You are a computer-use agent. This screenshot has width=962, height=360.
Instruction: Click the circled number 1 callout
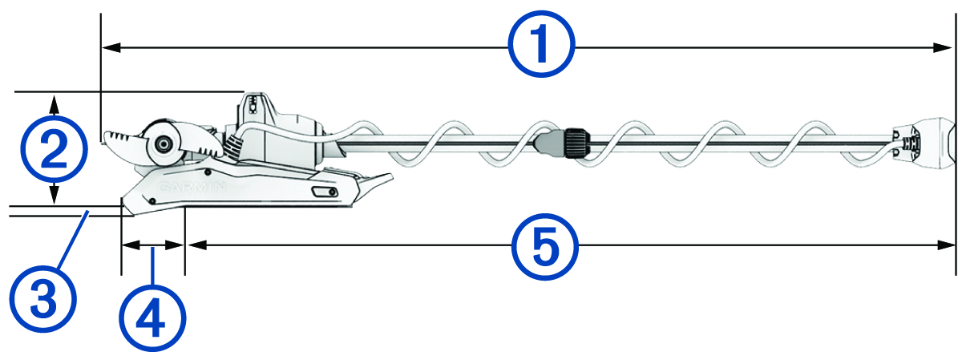(x=543, y=47)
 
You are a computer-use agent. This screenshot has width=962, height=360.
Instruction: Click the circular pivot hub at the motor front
(x=164, y=144)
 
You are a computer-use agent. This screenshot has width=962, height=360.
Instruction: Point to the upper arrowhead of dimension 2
(x=54, y=102)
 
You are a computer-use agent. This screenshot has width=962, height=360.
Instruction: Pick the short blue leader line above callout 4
(x=152, y=265)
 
